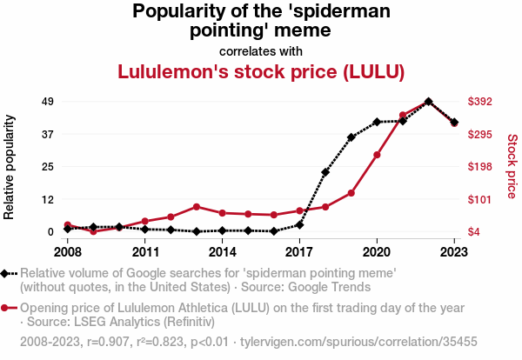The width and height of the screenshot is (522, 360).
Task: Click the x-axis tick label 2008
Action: pyautogui.click(x=67, y=252)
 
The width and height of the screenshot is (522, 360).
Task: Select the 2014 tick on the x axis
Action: pyautogui.click(x=223, y=252)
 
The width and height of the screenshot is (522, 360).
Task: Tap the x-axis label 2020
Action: pyautogui.click(x=377, y=252)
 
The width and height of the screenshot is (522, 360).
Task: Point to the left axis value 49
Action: pyautogui.click(x=48, y=102)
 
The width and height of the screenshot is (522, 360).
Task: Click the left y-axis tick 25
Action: pyautogui.click(x=48, y=167)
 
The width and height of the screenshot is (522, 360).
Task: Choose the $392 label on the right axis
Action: pyautogui.click(x=480, y=102)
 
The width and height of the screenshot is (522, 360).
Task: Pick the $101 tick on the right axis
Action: pyautogui.click(x=480, y=200)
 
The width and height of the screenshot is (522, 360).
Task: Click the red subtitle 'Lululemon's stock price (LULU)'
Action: pyautogui.click(x=262, y=71)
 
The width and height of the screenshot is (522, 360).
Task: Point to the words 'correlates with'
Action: pyautogui.click(x=261, y=50)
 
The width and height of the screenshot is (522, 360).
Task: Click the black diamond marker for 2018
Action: pyautogui.click(x=325, y=172)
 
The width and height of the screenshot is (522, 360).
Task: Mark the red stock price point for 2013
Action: pyautogui.click(x=197, y=207)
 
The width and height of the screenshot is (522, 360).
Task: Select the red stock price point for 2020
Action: pyautogui.click(x=377, y=155)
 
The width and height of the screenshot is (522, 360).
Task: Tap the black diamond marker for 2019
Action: pyautogui.click(x=351, y=137)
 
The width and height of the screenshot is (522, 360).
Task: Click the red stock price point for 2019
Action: pyautogui.click(x=351, y=193)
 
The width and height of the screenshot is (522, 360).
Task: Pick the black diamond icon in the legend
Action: pyautogui.click(x=6, y=273)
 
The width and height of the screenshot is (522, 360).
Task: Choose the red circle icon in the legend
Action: pyautogui.click(x=6, y=308)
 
